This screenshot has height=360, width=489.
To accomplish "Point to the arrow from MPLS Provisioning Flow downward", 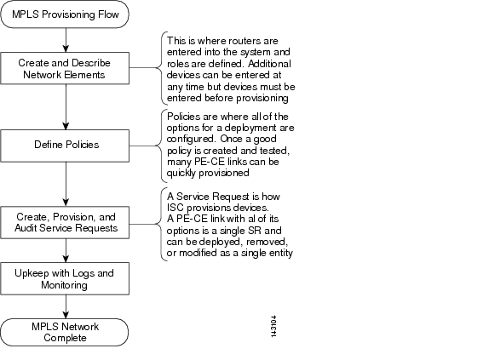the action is point(66,40).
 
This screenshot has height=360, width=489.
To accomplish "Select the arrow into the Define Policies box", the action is point(66,107).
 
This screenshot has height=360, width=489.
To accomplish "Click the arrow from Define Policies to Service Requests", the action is point(66,184).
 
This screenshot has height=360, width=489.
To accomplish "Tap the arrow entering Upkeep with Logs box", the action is point(66,250).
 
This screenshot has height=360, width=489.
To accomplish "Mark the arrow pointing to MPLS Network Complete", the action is point(66,306).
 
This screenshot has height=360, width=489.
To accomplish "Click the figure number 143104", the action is point(273,326).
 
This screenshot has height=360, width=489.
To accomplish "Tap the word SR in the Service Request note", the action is point(255,231).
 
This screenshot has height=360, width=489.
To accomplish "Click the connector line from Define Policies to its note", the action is point(144,146).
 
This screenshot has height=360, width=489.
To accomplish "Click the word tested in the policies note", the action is point(274,151).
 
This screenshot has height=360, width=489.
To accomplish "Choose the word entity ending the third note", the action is point(279,253).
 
